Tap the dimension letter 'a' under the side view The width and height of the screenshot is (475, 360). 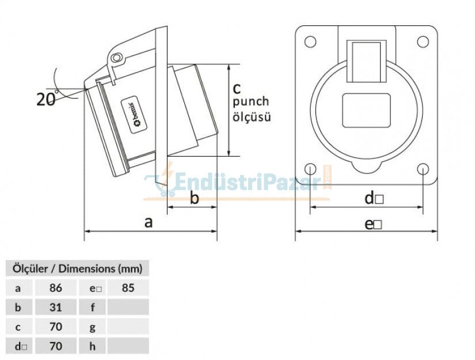click(149, 222)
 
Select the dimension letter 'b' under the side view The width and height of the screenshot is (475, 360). click(195, 199)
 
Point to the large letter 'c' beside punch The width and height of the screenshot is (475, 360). click(237, 88)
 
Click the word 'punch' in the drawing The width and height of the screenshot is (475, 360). click(250, 102)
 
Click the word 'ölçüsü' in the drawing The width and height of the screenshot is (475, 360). click(252, 116)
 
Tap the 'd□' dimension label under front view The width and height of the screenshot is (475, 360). click(374, 199)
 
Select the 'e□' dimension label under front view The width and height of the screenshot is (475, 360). click(374, 224)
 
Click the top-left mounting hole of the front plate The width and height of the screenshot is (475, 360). click(310, 41)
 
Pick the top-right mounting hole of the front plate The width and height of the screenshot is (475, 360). click(423, 41)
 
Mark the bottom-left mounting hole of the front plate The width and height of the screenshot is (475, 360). click(310, 169)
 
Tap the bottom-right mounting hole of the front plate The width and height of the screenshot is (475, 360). click(423, 169)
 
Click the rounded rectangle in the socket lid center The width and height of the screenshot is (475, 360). click(366, 110)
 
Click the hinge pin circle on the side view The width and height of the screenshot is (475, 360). click(117, 58)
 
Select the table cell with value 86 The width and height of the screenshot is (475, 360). click(56, 287)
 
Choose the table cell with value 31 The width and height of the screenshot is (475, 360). click(56, 307)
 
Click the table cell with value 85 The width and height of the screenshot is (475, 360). click(128, 287)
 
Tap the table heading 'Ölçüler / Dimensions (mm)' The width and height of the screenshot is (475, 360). click(77, 268)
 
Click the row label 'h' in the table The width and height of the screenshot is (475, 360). click(92, 346)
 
